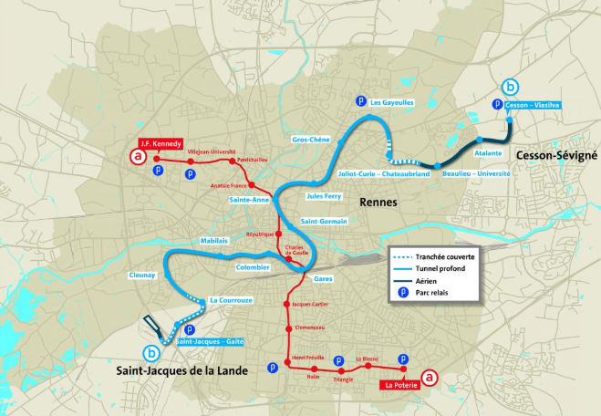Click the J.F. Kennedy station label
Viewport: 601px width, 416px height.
tap(161, 143)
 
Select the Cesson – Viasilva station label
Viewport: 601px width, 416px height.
tap(534, 105)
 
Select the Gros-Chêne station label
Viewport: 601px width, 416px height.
tap(310, 140)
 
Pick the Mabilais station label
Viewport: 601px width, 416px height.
tap(213, 240)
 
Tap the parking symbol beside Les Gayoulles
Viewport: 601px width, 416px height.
tap(360, 101)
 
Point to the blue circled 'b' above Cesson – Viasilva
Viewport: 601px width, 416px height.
tap(510, 88)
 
